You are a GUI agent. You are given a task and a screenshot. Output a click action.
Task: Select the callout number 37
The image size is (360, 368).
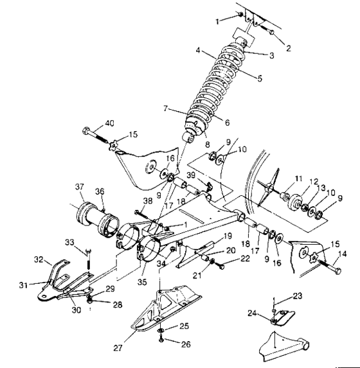[x=80, y=187]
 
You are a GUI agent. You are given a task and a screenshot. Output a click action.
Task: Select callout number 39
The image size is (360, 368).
[x=191, y=175]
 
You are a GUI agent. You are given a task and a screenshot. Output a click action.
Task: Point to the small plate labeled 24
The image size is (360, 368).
[x=282, y=318]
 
